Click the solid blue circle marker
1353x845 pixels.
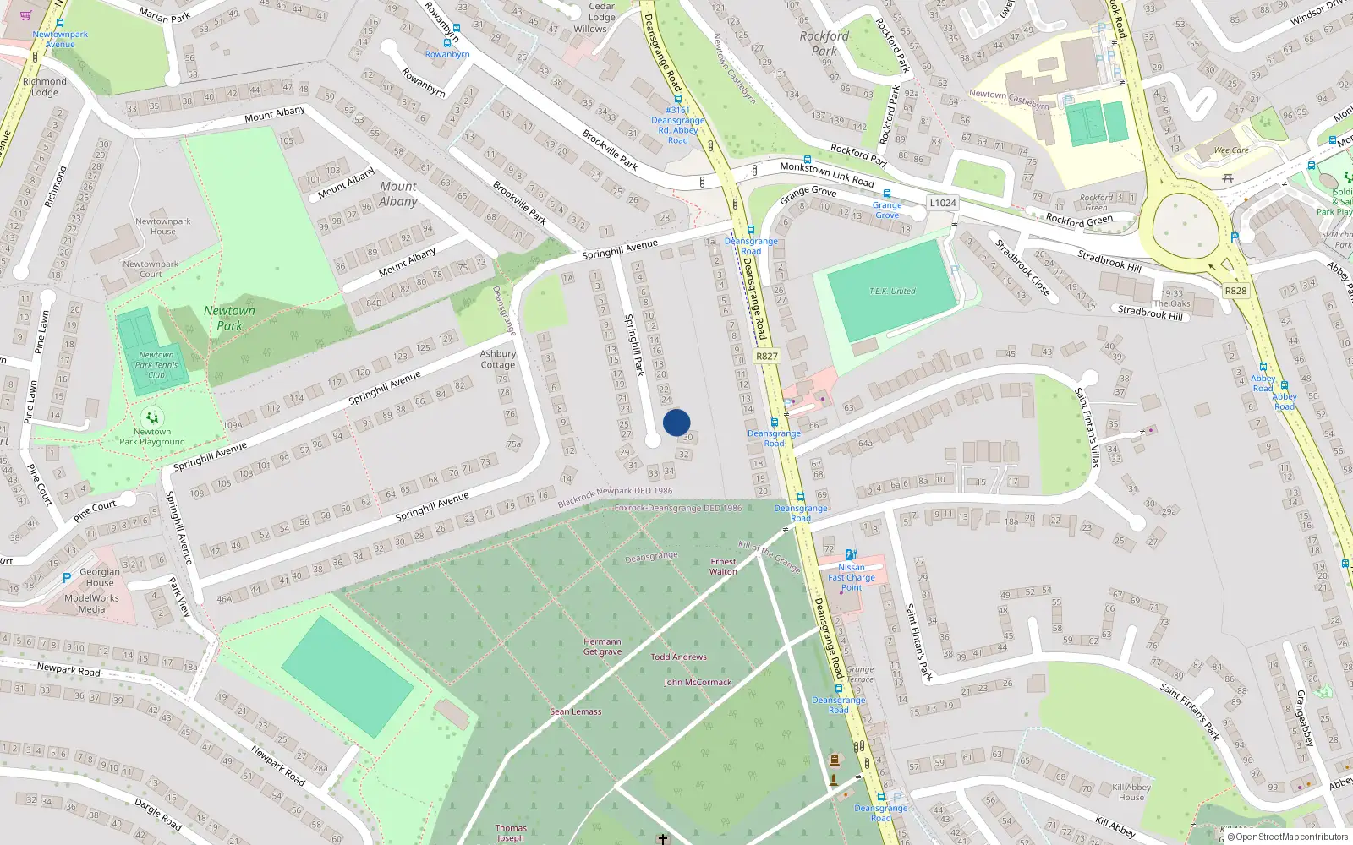click(676, 422)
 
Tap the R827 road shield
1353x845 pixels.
click(767, 356)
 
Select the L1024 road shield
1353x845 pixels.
click(942, 203)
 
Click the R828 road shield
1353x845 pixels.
click(1235, 291)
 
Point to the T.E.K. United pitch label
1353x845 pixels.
click(892, 292)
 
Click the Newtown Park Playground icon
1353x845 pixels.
click(152, 417)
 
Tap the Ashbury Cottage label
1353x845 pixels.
click(497, 359)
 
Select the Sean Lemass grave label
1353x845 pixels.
click(576, 711)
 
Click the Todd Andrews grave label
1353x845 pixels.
click(678, 657)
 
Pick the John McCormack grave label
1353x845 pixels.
click(698, 682)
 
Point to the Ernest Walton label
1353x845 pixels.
click(723, 566)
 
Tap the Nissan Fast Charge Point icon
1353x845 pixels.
click(851, 555)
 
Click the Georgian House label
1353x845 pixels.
click(99, 577)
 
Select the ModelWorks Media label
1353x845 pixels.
click(92, 603)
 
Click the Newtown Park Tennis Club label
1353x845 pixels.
click(156, 365)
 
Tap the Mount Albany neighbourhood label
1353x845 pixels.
click(398, 194)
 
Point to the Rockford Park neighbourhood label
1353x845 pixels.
click(824, 43)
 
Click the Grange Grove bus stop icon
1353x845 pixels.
click(887, 194)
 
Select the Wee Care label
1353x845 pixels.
click(1230, 150)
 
